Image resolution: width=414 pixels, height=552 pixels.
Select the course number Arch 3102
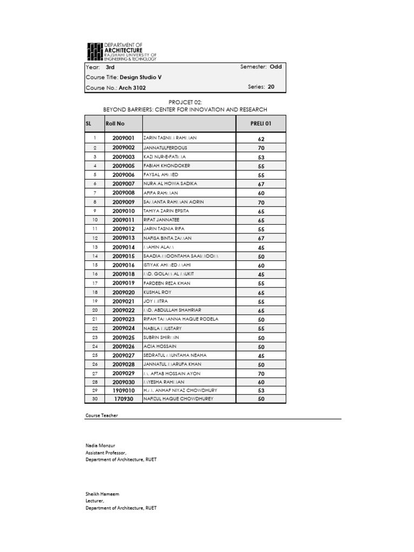[133, 87]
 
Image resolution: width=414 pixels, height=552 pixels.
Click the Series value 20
[271, 86]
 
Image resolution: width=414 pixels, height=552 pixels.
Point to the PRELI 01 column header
[261, 123]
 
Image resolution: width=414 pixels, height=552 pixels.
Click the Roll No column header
[115, 123]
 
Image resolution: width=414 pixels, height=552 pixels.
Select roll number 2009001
[123, 139]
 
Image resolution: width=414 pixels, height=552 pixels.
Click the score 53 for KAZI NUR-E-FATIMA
[261, 157]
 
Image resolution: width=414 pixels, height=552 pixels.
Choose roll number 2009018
[123, 274]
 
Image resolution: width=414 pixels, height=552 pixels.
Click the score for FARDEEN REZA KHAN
[261, 284]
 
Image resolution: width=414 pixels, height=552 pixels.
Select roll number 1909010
[123, 390]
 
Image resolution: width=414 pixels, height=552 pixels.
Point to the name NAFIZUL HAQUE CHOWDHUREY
[178, 399]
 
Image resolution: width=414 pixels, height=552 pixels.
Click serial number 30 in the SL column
[94, 399]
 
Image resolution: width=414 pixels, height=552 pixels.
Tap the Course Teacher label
[101, 416]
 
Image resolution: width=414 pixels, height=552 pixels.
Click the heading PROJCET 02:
[185, 101]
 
